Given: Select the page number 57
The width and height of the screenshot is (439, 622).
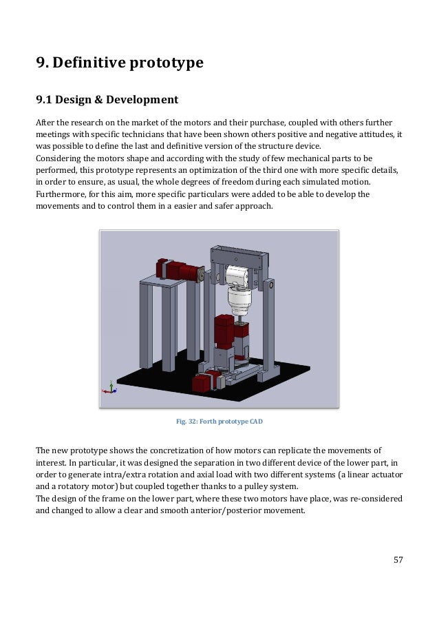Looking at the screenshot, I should [398, 559].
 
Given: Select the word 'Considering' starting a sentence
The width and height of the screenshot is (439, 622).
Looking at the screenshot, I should [60, 157].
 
